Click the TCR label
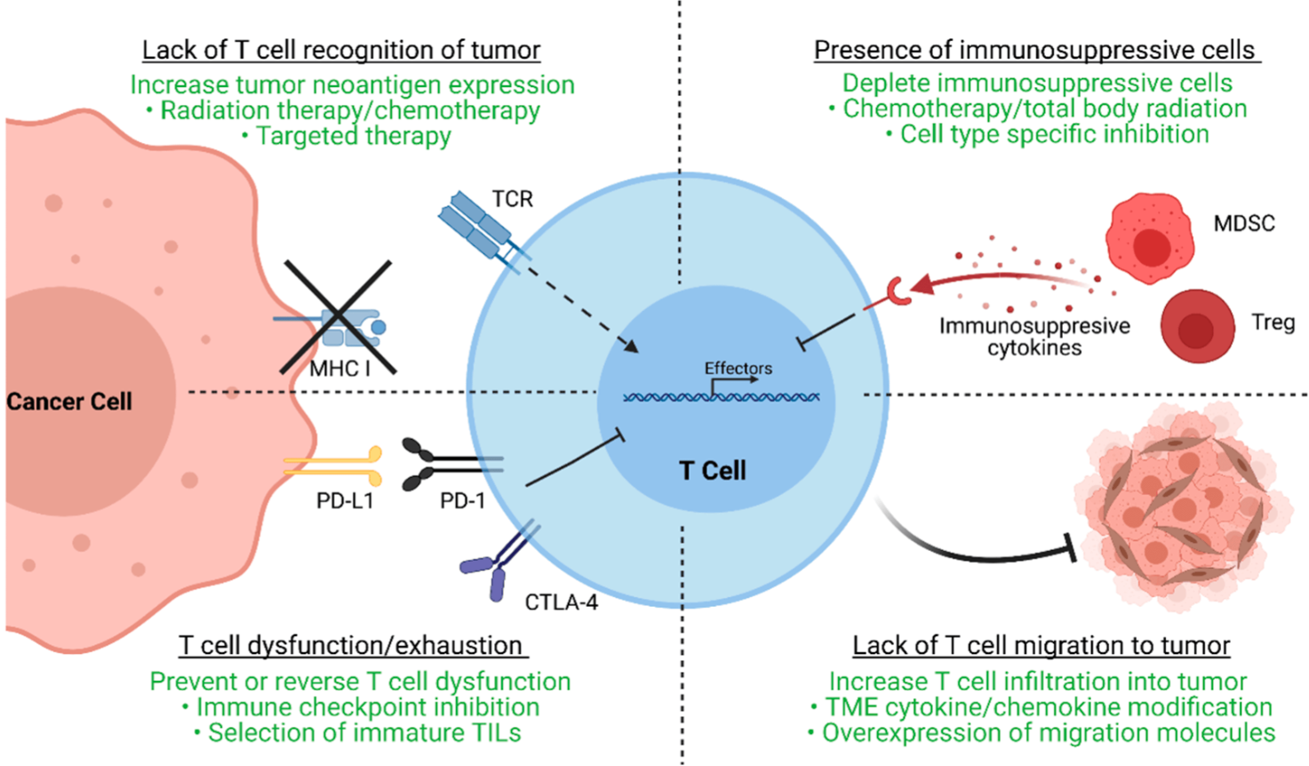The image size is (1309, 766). point(513,198)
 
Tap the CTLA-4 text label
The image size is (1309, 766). point(561,602)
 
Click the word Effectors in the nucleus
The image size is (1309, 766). point(738,368)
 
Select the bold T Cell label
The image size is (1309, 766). point(712,470)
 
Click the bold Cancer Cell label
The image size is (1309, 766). point(69,402)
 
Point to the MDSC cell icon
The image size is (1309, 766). point(1149,238)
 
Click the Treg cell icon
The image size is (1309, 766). point(1197,326)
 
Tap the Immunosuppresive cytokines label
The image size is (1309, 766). point(1034,337)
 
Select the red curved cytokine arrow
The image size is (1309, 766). point(995,280)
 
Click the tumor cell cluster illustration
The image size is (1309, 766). point(1181,507)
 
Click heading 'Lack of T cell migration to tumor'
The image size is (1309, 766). point(1041,645)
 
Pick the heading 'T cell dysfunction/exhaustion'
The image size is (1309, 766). point(350,645)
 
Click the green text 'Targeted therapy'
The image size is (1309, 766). point(353,136)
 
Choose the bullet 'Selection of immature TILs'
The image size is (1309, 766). point(364,732)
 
